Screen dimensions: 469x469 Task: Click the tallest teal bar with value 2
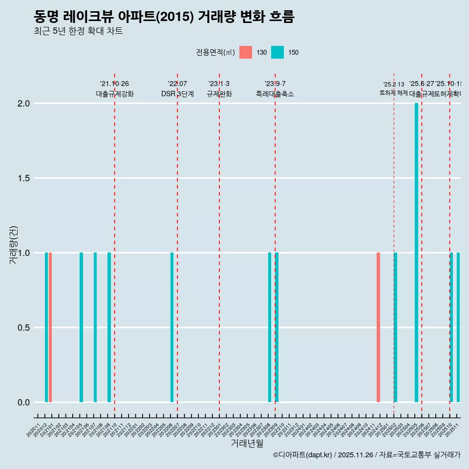point(416,253)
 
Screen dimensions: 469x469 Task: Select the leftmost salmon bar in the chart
point(50,327)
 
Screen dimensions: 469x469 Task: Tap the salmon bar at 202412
point(378,327)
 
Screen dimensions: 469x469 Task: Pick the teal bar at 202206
point(172,327)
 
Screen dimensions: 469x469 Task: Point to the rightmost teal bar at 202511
point(458,327)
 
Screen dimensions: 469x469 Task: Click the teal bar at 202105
point(81,327)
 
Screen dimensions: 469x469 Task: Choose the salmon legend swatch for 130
point(246,52)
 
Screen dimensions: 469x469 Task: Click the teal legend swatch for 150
point(277,52)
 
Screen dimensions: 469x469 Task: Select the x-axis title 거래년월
point(247,444)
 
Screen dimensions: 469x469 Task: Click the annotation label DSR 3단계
point(177,94)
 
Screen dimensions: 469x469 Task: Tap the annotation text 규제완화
point(219,94)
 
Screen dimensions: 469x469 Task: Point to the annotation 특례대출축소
point(275,94)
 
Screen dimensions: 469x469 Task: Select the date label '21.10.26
point(114,84)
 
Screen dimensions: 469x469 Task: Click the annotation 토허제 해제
point(393,93)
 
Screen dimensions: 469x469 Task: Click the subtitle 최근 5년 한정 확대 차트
point(78,31)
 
